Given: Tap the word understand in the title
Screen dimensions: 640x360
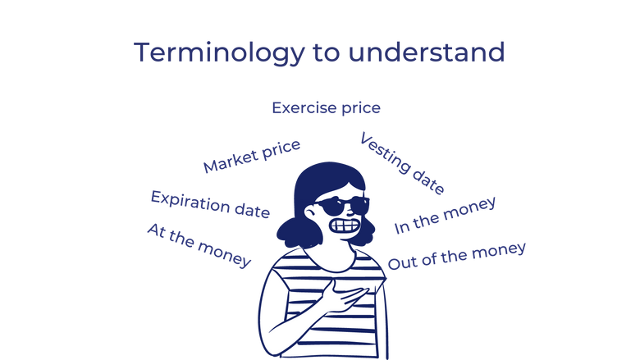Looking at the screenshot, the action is click(x=427, y=52).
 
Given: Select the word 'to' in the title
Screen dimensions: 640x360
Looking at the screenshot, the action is click(x=327, y=53).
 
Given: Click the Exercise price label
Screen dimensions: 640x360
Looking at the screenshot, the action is click(x=326, y=107).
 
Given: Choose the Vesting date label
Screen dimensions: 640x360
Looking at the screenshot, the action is click(x=403, y=162).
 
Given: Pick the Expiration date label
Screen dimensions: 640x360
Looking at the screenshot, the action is click(x=210, y=204).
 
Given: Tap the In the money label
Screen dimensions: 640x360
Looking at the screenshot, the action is click(x=444, y=215).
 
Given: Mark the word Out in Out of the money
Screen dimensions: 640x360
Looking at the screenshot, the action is click(x=402, y=263).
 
